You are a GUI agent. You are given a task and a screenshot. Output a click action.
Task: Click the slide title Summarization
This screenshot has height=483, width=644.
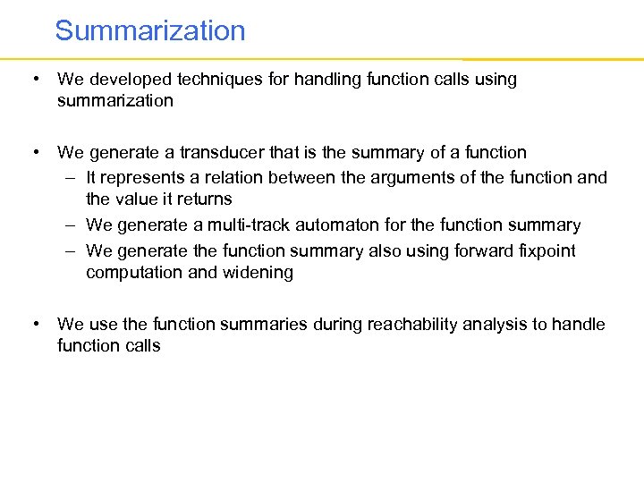pyautogui.click(x=149, y=30)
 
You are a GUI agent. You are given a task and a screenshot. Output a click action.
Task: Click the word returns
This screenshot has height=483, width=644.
pyautogui.click(x=203, y=199)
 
